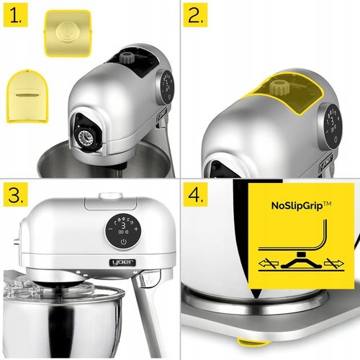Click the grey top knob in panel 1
129,57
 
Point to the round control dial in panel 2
332,122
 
